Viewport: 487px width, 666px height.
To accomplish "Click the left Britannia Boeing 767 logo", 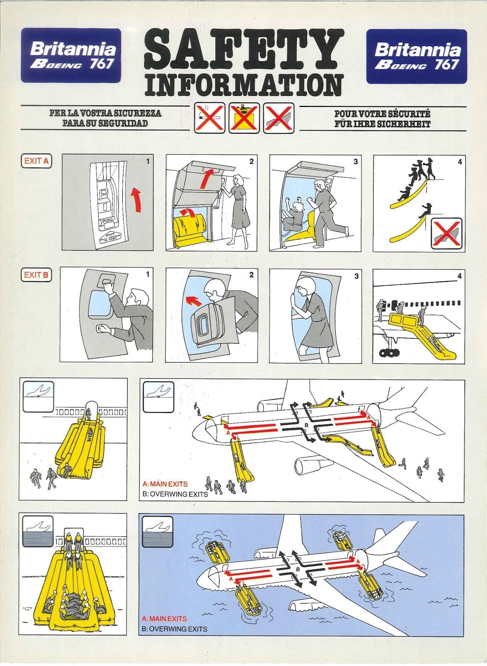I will (71, 55).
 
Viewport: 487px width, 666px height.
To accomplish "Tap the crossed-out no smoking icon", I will (210, 118).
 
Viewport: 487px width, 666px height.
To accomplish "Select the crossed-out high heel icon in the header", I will (279, 118).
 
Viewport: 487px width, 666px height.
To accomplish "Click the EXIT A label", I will (36, 161).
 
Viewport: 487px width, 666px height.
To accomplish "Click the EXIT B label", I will (36, 275).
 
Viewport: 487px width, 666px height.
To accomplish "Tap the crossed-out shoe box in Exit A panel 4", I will (446, 234).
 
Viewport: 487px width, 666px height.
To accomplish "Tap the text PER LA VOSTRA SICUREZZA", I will (105, 113).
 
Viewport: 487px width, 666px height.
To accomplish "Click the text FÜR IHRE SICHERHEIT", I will (382, 124).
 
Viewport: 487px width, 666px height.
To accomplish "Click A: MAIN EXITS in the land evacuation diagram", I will (165, 484).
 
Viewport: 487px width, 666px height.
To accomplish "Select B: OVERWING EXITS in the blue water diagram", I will (174, 629).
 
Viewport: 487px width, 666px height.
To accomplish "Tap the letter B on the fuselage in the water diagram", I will (298, 569).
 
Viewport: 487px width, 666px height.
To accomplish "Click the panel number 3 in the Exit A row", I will (356, 162).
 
